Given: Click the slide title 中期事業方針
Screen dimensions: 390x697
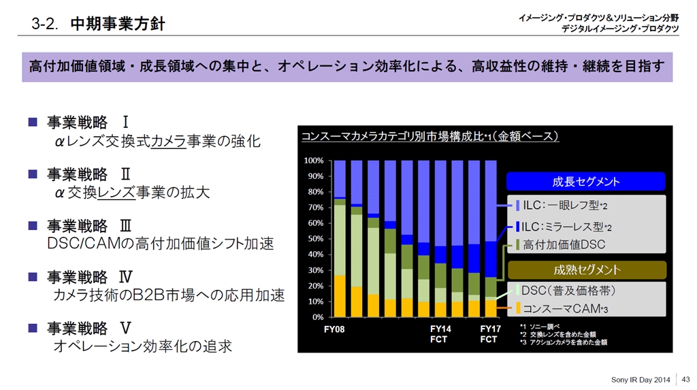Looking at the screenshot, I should click(117, 25).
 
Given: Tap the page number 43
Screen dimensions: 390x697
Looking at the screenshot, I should click(685, 378).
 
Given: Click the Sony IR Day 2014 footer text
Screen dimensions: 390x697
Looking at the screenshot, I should click(641, 378).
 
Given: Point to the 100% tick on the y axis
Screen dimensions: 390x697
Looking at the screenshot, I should click(314, 161).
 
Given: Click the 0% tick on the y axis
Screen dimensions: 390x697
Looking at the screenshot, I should click(318, 317).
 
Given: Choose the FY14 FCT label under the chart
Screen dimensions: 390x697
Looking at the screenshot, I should click(440, 334).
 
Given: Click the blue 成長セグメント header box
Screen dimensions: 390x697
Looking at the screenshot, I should click(585, 182).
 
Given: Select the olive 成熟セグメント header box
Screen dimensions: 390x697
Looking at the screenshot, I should click(585, 270).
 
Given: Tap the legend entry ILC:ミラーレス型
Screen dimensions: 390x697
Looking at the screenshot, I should click(564, 227).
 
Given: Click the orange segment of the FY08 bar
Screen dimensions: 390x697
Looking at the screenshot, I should click(340, 296).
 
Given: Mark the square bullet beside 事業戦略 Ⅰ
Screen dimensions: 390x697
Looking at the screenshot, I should click(32, 123).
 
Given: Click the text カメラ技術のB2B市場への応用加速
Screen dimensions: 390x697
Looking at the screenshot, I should click(169, 295).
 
